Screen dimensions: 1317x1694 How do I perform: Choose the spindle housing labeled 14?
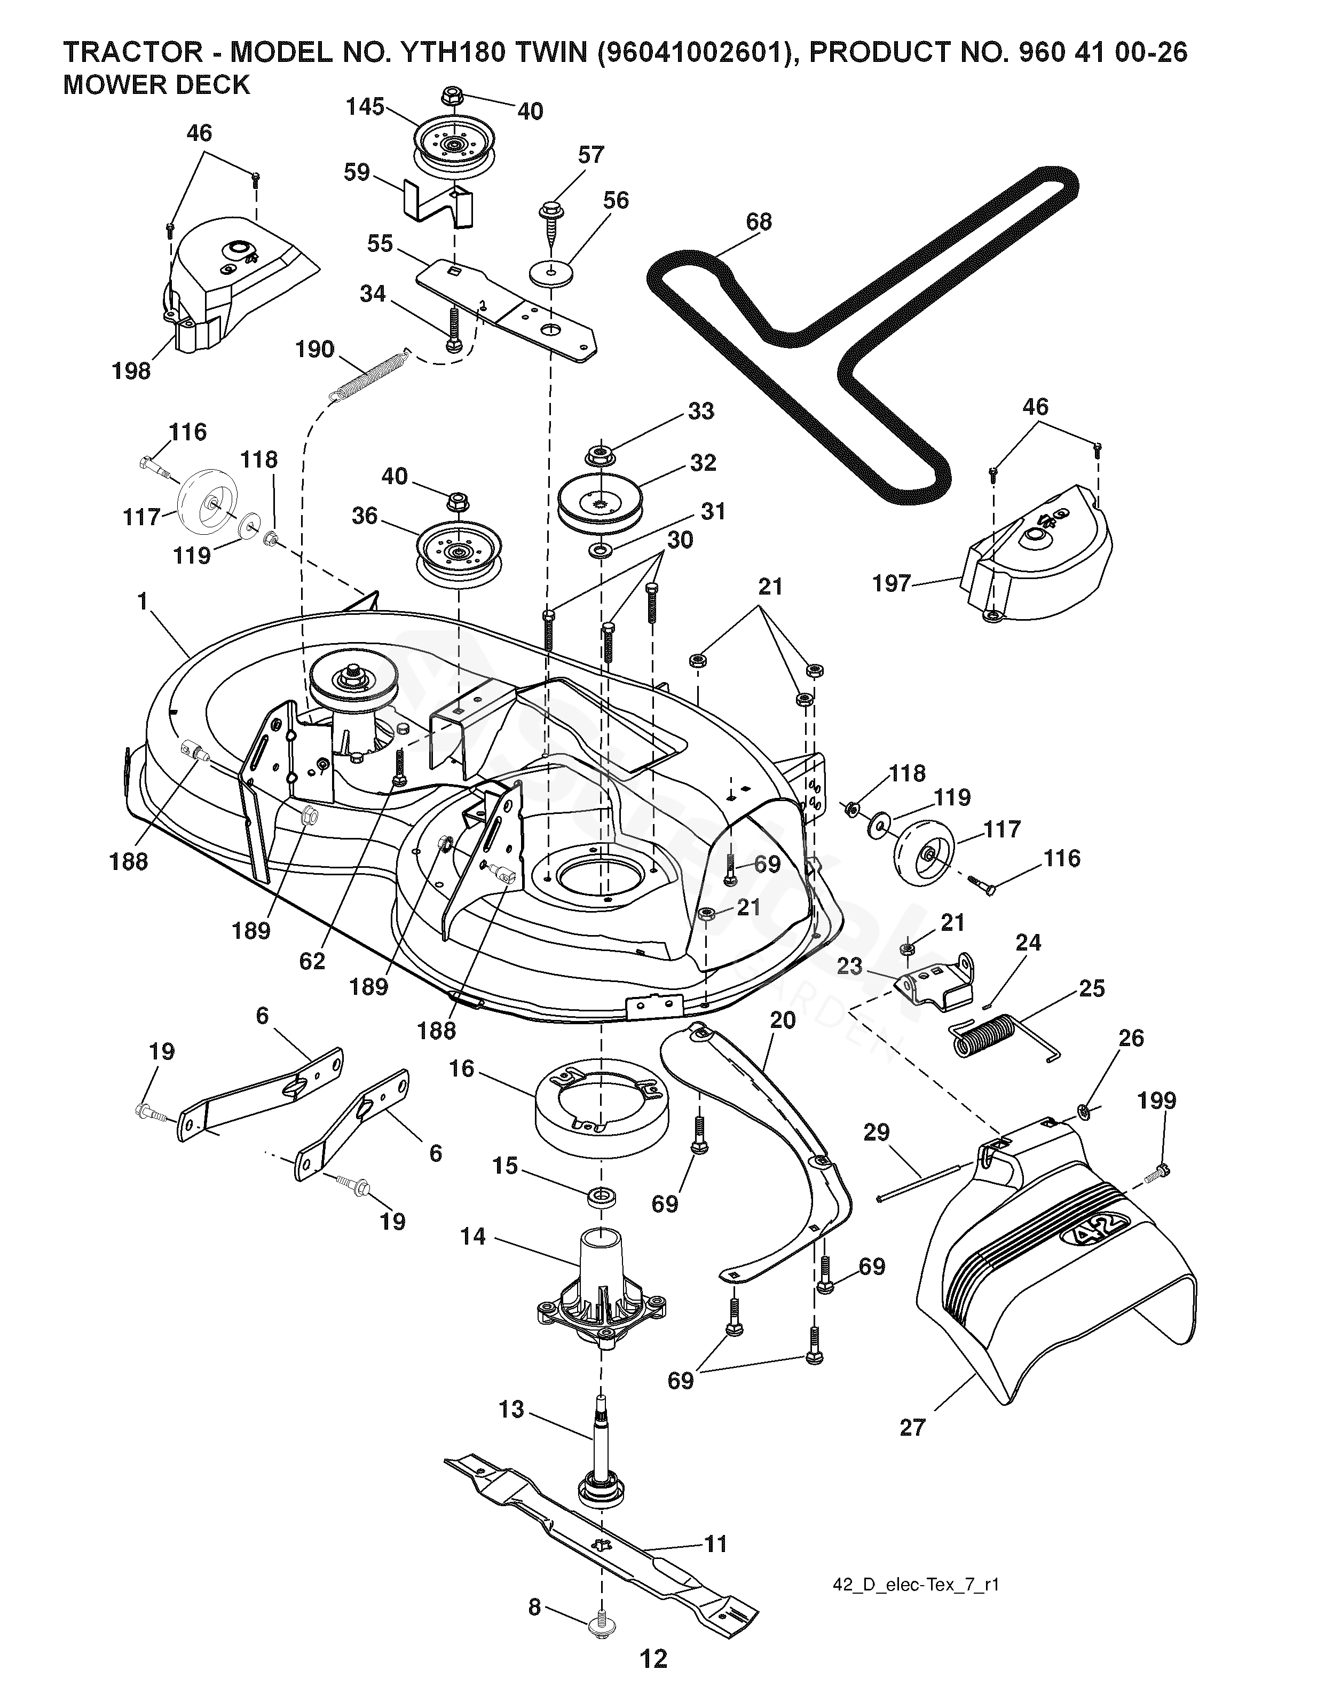pos(601,1280)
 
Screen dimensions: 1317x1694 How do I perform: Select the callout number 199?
pos(1157,1100)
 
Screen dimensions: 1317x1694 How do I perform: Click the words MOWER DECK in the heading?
pos(156,84)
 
